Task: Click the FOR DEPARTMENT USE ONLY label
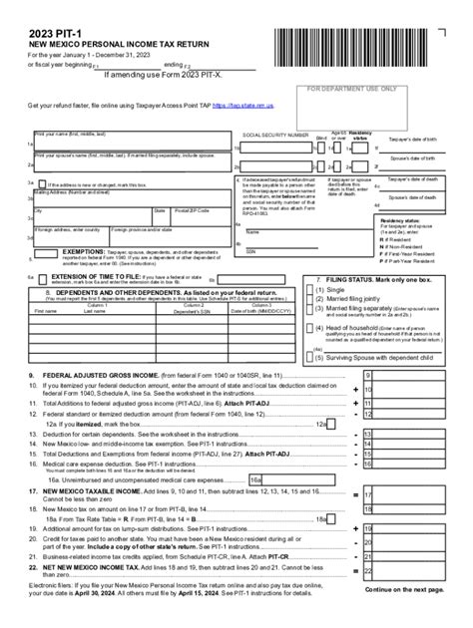(x=350, y=89)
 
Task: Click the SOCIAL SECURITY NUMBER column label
(x=277, y=134)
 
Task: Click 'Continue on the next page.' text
(x=409, y=589)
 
